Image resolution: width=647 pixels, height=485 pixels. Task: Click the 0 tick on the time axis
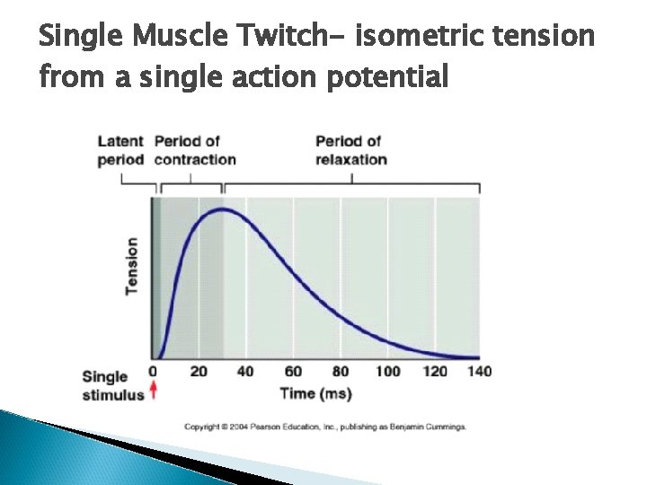(153, 372)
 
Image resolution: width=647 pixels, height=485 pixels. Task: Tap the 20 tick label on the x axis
(199, 372)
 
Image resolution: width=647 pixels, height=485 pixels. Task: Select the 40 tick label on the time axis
(245, 372)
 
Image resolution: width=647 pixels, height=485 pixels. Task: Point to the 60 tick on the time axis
(293, 372)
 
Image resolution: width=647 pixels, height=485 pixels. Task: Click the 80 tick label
(340, 372)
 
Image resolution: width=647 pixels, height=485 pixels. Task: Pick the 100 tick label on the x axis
(387, 372)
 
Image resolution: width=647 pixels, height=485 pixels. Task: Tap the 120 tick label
(434, 372)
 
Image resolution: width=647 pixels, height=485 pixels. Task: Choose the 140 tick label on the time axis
(480, 372)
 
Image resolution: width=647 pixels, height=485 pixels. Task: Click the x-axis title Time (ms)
(315, 393)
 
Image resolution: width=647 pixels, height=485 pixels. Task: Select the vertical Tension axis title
(132, 266)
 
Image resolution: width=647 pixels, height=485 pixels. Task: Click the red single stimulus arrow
(153, 390)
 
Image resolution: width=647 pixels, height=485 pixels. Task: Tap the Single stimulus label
(112, 385)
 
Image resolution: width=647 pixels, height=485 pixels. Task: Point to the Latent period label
(120, 150)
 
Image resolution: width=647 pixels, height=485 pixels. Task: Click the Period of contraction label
(195, 150)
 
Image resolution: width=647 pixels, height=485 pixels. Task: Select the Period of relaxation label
(351, 150)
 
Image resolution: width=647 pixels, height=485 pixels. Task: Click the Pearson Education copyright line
(325, 427)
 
